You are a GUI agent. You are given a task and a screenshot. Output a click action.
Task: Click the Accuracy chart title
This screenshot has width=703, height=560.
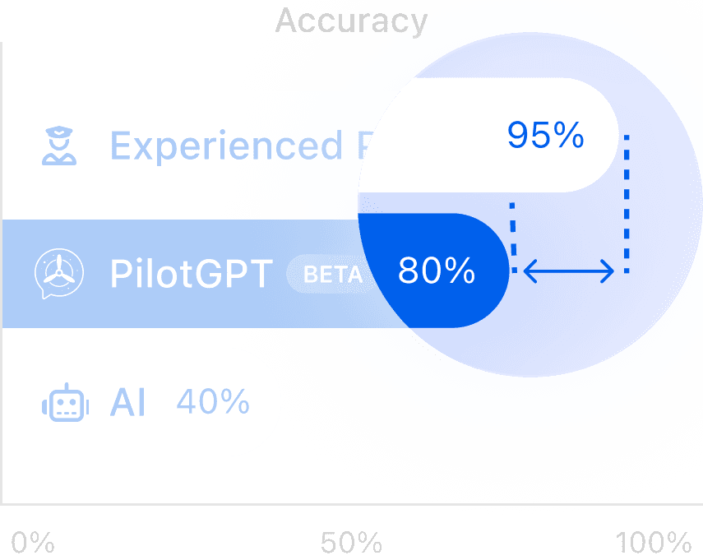pos(351,21)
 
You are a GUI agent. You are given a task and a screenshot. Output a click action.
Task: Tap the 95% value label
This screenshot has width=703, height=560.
pos(545,136)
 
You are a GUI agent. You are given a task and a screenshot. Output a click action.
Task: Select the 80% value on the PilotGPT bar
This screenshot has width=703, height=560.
pos(436,271)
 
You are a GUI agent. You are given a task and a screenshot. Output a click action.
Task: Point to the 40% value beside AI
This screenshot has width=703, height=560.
pos(213,402)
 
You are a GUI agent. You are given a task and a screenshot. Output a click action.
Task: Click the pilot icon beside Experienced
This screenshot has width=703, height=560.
pos(58,146)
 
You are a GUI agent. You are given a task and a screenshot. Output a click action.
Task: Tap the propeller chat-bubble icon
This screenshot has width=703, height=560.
pos(58,272)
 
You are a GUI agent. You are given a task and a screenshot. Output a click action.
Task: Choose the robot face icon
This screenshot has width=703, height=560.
pos(64,404)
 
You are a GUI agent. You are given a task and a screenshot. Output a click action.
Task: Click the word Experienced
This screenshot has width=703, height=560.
pos(226,146)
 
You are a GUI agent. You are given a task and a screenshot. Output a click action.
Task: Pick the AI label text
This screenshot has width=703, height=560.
pos(127,403)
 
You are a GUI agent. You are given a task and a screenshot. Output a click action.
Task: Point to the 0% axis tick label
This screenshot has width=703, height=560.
pos(33,544)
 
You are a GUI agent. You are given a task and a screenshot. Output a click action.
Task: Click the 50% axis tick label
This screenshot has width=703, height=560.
pos(351,544)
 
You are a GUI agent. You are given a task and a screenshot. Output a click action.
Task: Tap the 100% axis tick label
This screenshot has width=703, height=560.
pos(654,544)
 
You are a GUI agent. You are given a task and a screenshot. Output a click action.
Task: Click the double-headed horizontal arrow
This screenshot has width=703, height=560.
pos(569,271)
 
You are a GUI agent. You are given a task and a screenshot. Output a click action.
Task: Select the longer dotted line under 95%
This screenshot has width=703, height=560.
pos(627,201)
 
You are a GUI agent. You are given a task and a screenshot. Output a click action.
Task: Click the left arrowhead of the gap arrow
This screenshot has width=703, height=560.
pos(528,271)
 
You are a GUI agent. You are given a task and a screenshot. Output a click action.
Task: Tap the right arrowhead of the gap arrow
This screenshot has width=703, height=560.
pos(609,271)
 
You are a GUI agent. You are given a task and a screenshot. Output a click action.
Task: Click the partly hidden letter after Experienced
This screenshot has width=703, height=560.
pos(363,146)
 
